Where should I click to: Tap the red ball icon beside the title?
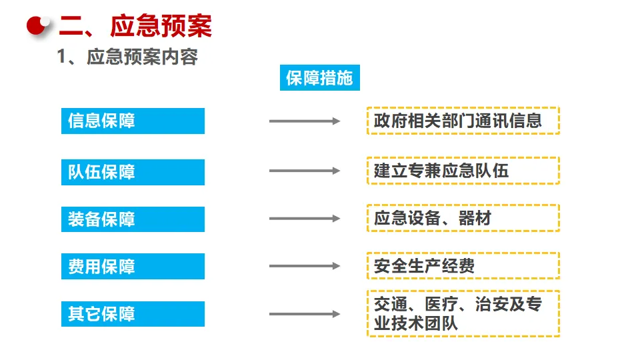point(39,25)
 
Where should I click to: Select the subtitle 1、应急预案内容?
point(127,57)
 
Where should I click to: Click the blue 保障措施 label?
point(319,79)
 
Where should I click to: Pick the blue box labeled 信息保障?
point(133,121)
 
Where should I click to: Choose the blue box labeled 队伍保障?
point(133,172)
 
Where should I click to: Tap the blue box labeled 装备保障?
point(133,219)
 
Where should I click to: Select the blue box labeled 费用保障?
point(133,267)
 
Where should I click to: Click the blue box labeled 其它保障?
point(133,314)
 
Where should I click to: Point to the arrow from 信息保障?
point(305,121)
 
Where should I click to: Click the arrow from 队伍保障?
point(305,171)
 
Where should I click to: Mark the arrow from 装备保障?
point(305,219)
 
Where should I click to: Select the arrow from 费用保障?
point(305,266)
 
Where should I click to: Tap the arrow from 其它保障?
point(305,314)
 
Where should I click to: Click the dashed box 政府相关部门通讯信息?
point(463,121)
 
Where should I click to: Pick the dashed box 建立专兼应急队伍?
point(463,171)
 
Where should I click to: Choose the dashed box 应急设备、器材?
point(463,218)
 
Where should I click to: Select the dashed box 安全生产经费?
point(463,265)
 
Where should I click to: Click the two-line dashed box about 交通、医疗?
point(463,313)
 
